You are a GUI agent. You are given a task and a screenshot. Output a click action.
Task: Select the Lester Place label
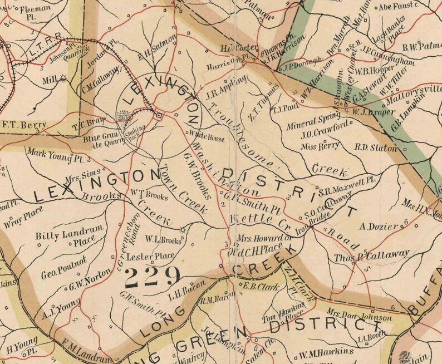(x=150, y=256)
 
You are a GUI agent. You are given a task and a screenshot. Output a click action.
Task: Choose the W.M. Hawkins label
(x=326, y=352)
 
